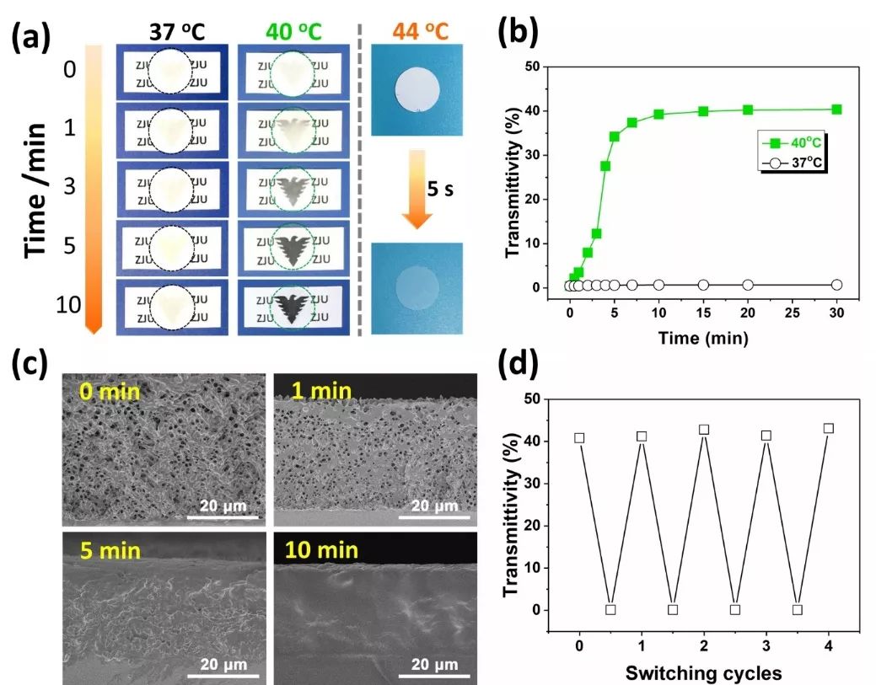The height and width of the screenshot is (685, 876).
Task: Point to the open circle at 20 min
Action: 747,285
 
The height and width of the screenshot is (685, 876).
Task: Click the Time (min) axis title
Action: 702,339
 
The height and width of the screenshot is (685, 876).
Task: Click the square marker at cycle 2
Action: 704,430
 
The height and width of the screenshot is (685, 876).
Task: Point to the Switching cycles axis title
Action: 703,672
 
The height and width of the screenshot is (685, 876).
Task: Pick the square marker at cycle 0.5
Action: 610,609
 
